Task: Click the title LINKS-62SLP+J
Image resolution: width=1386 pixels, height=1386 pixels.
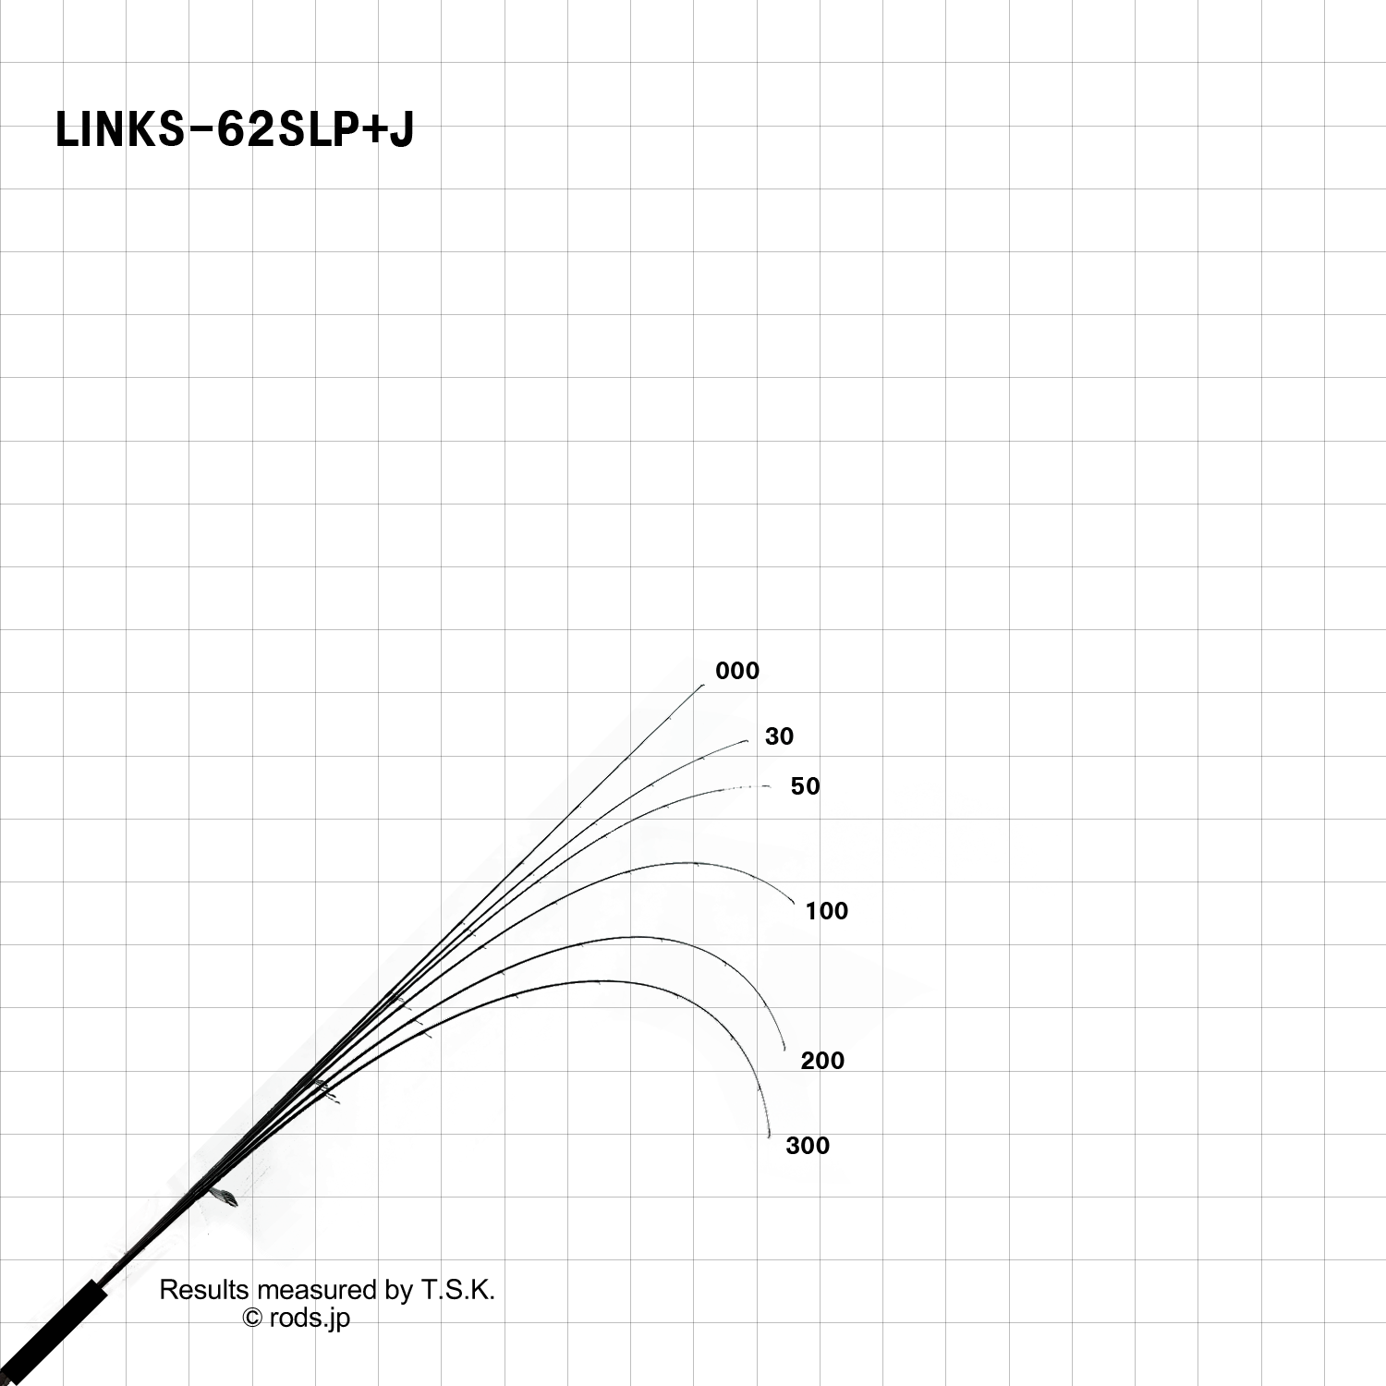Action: [235, 129]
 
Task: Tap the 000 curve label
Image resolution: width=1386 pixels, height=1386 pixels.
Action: [737, 671]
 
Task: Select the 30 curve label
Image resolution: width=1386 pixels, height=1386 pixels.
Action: [779, 736]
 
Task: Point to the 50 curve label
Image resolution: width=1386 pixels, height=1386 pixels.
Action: [805, 786]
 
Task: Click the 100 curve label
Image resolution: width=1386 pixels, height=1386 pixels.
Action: [826, 911]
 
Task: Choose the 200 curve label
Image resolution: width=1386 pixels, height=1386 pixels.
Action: [822, 1061]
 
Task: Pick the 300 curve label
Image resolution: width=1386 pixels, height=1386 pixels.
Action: [808, 1146]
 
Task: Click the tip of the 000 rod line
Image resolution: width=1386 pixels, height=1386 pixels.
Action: [703, 686]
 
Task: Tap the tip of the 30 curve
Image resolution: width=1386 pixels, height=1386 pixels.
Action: [748, 741]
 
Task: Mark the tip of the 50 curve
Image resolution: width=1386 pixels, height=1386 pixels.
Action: [770, 786]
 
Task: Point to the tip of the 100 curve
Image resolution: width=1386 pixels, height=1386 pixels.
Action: [794, 905]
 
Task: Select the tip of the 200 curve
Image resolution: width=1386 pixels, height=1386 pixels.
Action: [785, 1051]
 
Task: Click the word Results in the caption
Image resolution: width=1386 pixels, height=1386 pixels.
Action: [204, 1290]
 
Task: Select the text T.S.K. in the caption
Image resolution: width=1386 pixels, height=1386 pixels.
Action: [458, 1290]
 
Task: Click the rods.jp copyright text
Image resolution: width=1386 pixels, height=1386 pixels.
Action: [310, 1319]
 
